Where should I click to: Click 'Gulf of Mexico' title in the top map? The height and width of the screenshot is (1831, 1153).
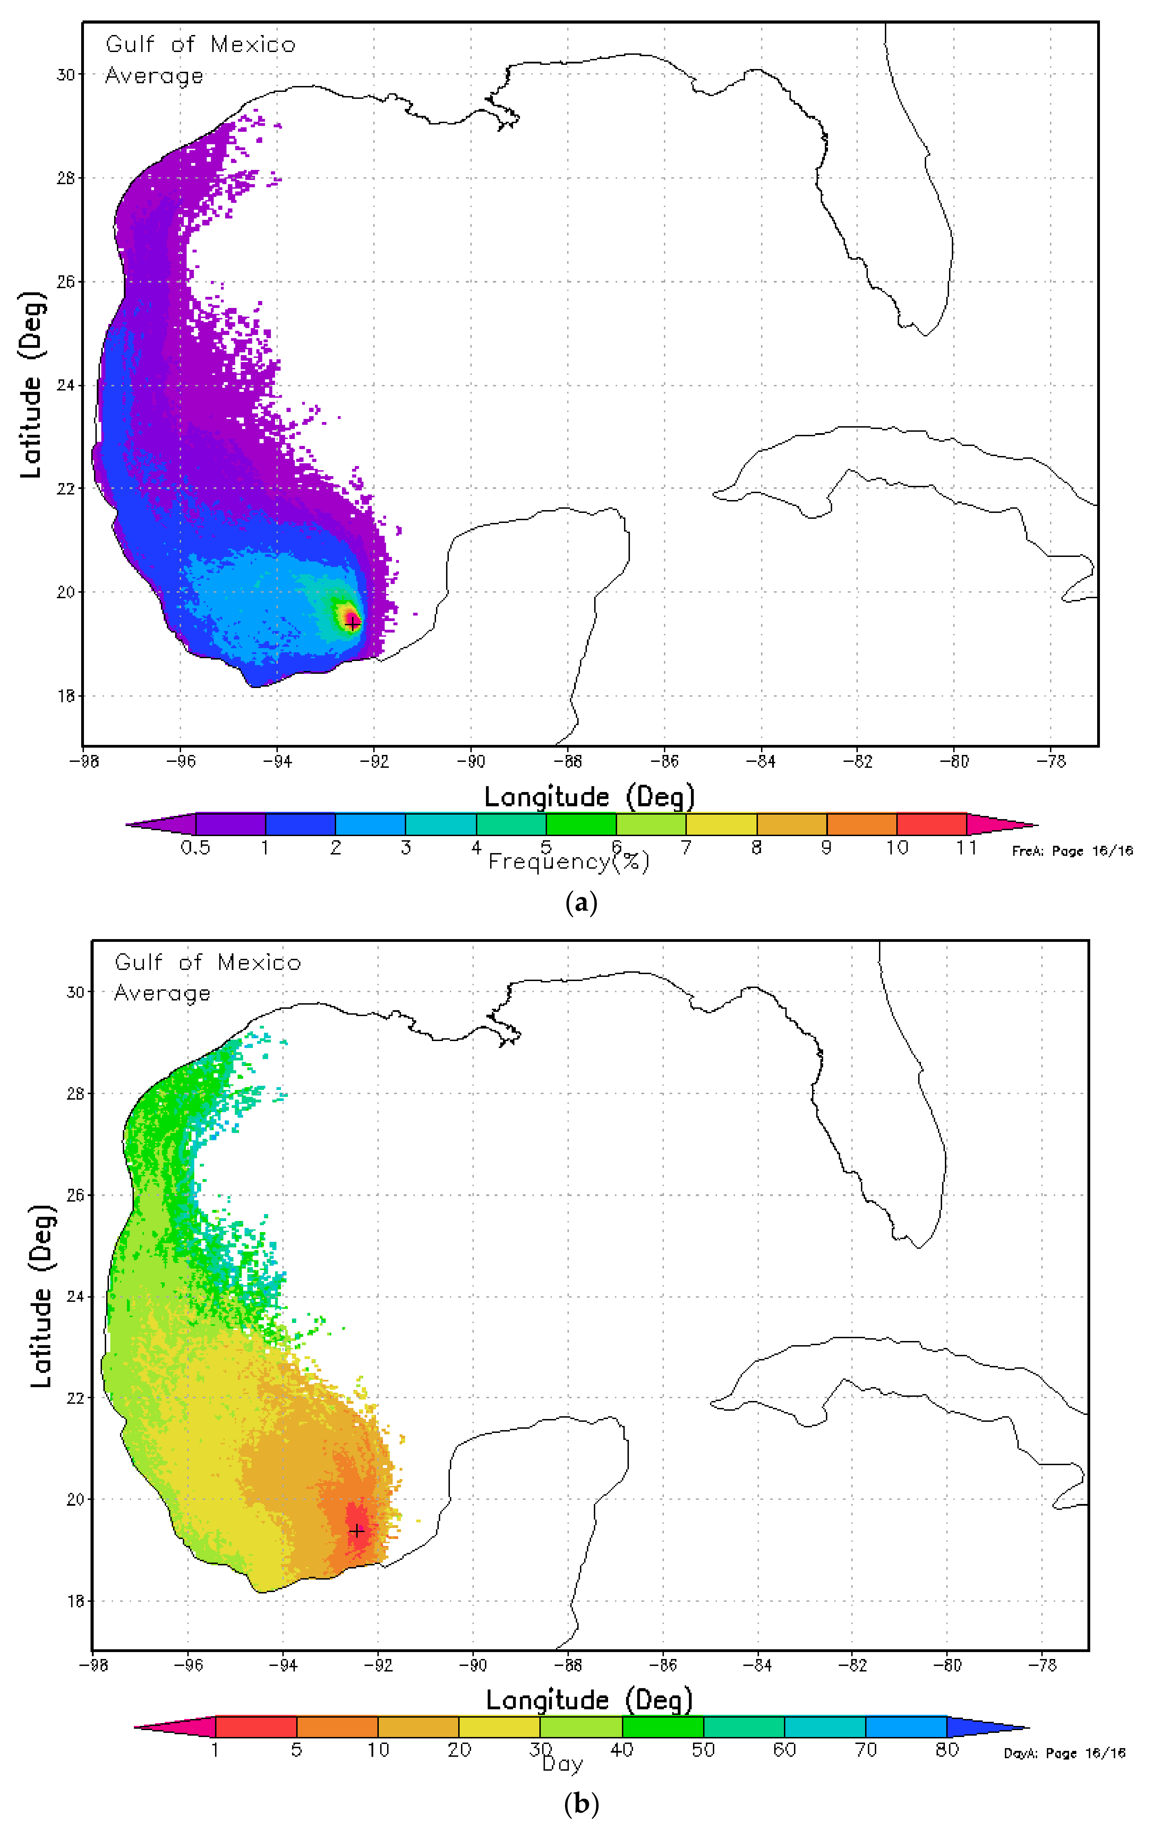click(x=200, y=45)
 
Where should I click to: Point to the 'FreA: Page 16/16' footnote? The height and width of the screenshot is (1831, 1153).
click(x=1071, y=851)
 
